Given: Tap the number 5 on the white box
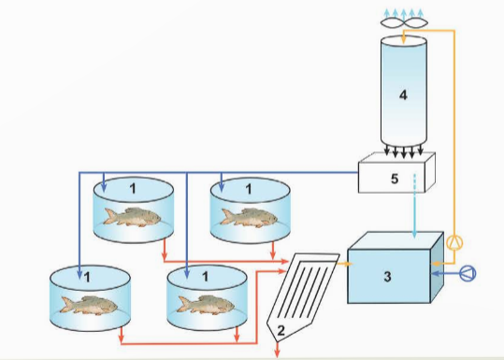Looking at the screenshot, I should coord(395,177).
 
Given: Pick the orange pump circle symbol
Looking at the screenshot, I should coord(454,243).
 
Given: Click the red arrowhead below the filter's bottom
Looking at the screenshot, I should coord(278,352).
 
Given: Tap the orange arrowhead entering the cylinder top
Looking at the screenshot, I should coord(404,35).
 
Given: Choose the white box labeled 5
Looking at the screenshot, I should coord(396,176).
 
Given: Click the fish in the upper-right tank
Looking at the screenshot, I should coord(249,218).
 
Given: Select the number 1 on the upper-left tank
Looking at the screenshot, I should coord(133,189).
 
